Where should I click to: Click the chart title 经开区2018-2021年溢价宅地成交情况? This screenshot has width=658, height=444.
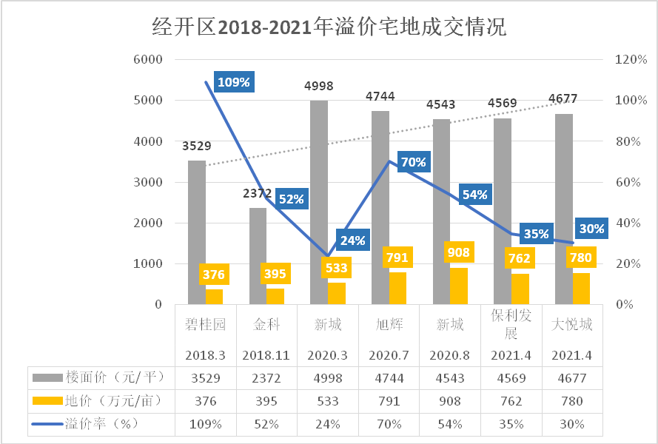329,28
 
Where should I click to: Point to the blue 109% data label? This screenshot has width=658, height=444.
233,81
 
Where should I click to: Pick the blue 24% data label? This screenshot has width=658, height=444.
353,240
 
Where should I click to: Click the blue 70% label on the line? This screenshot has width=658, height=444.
414,162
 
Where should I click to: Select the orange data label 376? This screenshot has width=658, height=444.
213,275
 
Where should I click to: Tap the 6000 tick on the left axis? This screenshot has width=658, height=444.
147,59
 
